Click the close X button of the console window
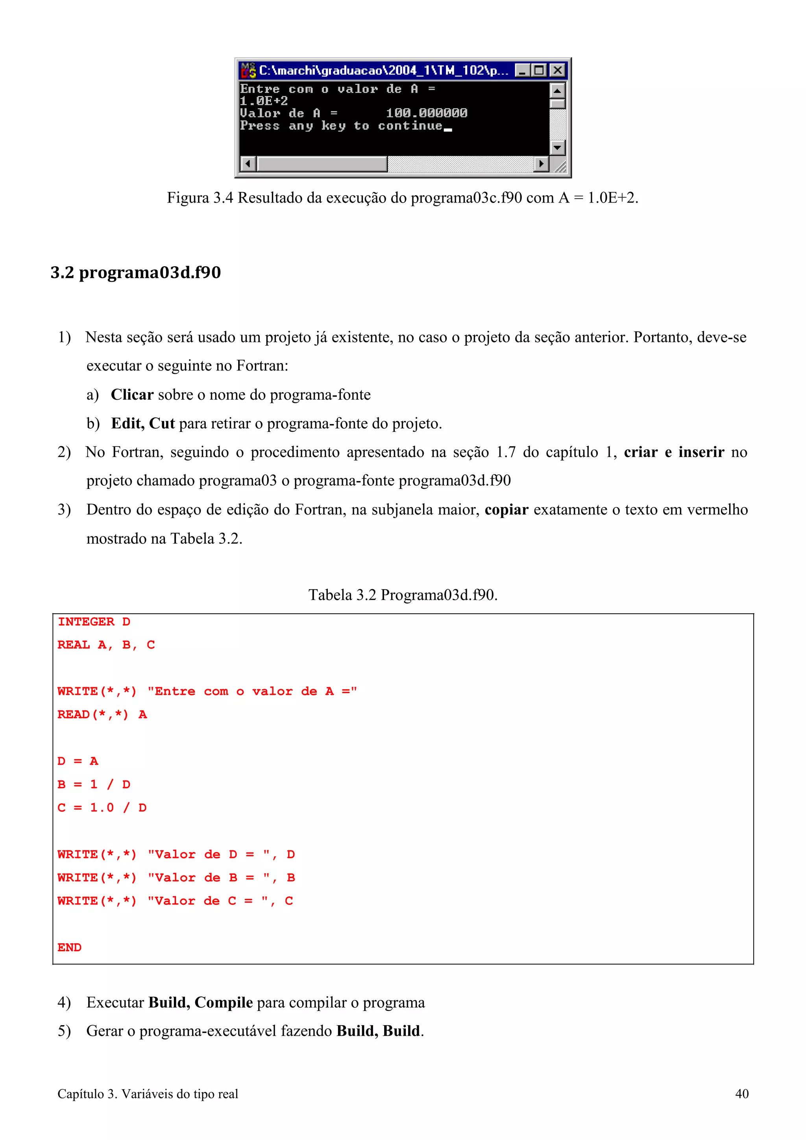[558, 70]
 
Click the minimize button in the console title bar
[522, 70]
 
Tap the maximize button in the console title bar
[539, 70]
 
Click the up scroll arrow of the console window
[557, 91]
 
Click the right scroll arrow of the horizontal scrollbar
[541, 163]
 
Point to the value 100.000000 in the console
[426, 113]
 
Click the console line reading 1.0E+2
[264, 101]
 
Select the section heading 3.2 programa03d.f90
[135, 272]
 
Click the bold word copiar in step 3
[506, 509]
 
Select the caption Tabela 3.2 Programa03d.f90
[403, 594]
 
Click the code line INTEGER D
[93, 622]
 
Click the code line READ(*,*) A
[102, 714]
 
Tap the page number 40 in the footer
[741, 1093]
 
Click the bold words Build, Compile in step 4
[201, 1002]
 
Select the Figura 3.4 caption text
[402, 197]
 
